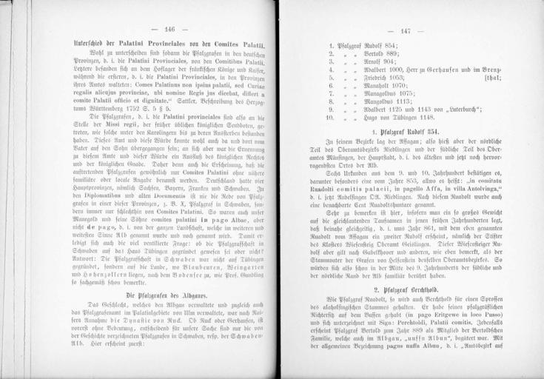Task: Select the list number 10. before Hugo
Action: (330, 118)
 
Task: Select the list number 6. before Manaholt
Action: (331, 86)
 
